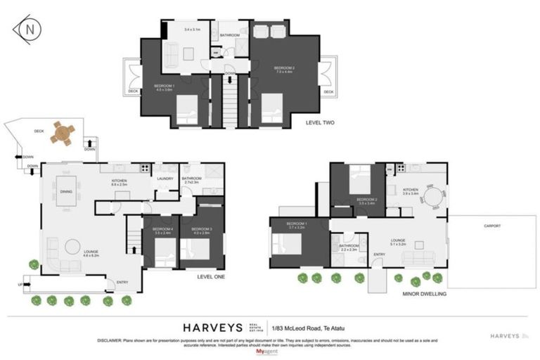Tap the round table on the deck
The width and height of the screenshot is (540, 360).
point(62,133)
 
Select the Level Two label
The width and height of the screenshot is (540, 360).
point(320,122)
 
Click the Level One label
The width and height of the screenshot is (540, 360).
point(211,277)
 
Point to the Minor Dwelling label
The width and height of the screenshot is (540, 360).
point(425,294)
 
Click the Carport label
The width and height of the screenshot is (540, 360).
point(492,226)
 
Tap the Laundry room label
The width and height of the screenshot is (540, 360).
point(166,179)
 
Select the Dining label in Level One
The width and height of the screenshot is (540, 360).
point(66,191)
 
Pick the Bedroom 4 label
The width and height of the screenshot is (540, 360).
point(162,230)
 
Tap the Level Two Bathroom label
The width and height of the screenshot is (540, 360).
point(230,35)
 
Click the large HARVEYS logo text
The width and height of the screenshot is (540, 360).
point(212,328)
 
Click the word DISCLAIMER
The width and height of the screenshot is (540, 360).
point(111,340)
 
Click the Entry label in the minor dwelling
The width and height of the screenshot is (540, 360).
point(379,255)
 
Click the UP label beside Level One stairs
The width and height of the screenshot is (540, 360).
point(19,285)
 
